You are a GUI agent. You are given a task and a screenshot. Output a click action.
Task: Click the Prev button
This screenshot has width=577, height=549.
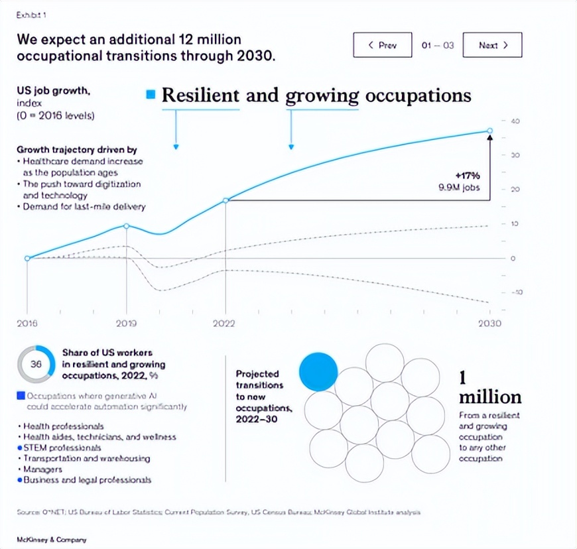(383, 45)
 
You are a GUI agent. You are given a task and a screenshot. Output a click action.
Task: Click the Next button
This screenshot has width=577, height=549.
(493, 45)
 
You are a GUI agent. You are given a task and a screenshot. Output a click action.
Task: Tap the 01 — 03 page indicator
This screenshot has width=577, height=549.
(438, 45)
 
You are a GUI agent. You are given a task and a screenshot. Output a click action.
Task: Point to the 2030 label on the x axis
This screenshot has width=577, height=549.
(490, 323)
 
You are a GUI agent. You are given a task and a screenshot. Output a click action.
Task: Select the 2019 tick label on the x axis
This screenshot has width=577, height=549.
(126, 323)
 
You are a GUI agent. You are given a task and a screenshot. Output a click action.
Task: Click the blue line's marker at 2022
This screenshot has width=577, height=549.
(226, 200)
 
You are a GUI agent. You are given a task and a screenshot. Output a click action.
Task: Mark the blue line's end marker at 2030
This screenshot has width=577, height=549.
(490, 131)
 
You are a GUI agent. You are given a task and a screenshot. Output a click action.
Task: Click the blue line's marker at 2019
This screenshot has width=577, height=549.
(126, 226)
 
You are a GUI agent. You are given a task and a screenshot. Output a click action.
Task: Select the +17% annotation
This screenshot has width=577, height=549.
(468, 176)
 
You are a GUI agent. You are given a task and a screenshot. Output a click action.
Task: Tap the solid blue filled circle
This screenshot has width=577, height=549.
(318, 371)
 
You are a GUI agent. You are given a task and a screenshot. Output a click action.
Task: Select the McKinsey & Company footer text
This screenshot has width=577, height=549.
(52, 540)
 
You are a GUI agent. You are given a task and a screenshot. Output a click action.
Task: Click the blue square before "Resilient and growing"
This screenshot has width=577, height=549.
(151, 95)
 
